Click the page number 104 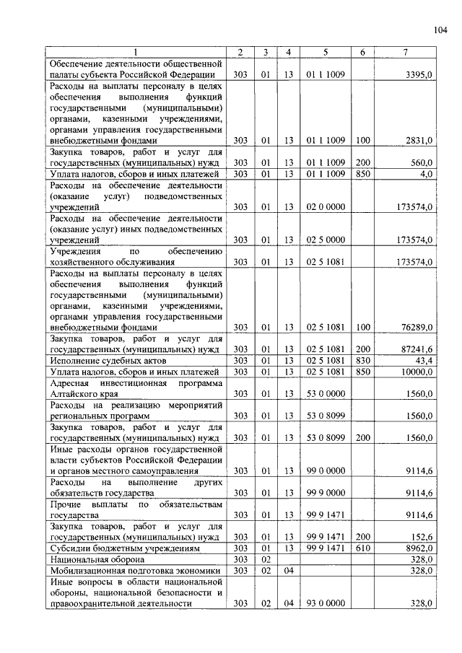(x=440, y=30)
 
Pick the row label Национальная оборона (x=93, y=559)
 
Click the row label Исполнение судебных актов (x=108, y=359)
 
